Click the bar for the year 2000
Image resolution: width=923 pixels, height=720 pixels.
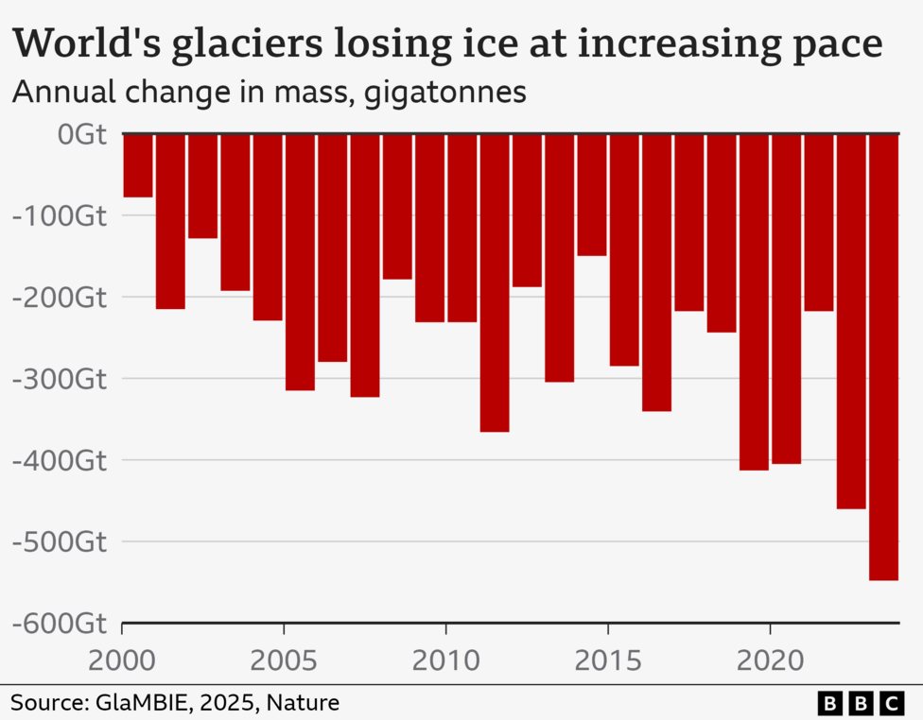138,165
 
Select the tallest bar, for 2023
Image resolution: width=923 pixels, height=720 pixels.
883,357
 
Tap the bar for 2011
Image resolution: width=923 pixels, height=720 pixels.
495,283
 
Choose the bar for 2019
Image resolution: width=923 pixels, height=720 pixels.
754,301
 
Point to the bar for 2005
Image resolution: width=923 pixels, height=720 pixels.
300,262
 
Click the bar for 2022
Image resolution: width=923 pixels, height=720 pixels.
851,321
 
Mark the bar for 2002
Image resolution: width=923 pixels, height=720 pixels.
202,186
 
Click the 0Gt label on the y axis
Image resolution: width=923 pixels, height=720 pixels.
81,134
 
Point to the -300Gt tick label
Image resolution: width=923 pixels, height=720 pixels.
59,379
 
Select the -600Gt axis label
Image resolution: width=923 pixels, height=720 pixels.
59,624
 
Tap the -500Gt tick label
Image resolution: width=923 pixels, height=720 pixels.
59,542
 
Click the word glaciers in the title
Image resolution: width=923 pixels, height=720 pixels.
236,44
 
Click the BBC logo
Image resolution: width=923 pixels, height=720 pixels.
862,702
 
